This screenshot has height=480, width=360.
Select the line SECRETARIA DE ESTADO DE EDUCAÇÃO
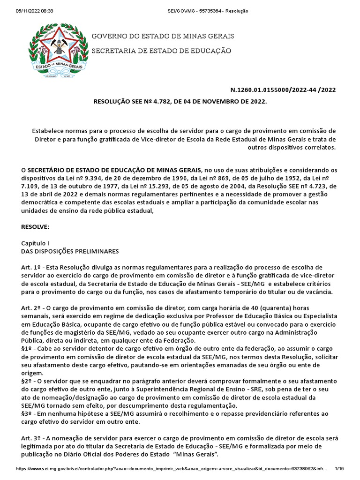pos(161,51)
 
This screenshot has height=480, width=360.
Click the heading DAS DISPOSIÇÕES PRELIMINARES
pos(70,251)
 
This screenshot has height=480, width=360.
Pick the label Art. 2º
pos(30,308)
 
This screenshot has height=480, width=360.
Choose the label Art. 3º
pos(30,438)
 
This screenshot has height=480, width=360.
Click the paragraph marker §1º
pos(28,349)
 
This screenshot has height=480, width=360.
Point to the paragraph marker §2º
pos(28,381)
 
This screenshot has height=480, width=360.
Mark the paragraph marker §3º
pos(28,414)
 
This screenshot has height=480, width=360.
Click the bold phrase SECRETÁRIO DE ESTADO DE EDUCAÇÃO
pos(115,169)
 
